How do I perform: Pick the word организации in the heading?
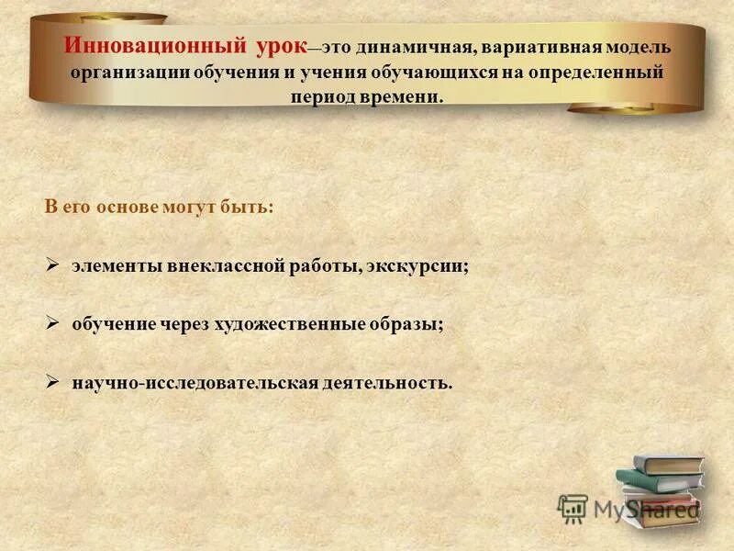click(128, 72)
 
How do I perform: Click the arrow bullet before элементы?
click(53, 264)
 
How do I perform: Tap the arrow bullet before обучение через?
click(53, 322)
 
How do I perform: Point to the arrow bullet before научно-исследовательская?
click(53, 380)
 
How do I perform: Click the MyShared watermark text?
click(646, 511)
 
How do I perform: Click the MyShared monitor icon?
click(573, 508)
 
